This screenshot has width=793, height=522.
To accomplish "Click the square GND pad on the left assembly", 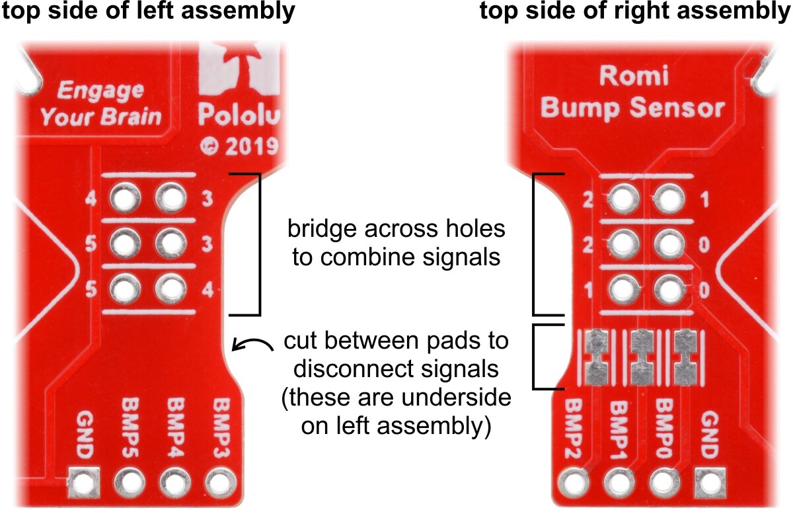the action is pos(83,483).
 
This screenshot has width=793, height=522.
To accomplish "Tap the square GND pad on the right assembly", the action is pos(710,483).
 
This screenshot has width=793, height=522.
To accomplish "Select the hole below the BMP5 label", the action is pos(130,483).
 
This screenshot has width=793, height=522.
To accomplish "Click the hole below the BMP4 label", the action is pos(175,483).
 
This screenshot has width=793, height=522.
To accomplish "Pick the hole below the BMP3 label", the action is pos(221,483).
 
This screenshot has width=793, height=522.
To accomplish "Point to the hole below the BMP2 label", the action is pos(574,483).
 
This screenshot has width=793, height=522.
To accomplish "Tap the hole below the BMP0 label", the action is pos(665,483).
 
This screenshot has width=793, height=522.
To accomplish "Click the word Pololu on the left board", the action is pos(239,114).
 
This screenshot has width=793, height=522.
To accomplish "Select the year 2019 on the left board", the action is pos(252,146).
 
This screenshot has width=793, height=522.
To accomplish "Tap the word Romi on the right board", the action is pos(634,75).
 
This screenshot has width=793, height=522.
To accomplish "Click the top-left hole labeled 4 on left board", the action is pos(125,198).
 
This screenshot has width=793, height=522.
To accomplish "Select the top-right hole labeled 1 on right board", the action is pos(669,198).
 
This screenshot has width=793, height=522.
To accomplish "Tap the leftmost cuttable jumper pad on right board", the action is pos(597,357).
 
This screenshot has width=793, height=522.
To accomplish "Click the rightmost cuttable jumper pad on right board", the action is pos(685,357).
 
